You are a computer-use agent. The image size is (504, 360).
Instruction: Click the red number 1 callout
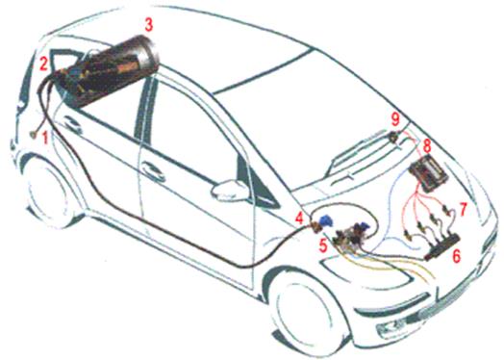click(45, 138)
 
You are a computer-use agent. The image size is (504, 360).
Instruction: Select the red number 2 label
click(43, 64)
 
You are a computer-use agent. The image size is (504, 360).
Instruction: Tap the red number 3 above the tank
click(148, 25)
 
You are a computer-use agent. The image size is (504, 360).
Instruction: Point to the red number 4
click(299, 218)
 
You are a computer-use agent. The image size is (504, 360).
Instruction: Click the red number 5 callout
click(323, 245)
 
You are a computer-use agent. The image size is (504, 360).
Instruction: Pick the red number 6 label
click(457, 256)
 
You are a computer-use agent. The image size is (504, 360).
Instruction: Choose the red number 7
click(463, 209)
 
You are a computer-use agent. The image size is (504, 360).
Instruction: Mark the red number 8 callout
click(427, 146)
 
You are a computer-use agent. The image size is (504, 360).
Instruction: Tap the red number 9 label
click(395, 119)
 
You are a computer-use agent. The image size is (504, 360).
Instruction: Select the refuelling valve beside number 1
click(33, 135)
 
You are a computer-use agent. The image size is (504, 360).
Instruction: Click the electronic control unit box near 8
click(428, 173)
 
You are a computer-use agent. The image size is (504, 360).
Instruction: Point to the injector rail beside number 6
click(442, 247)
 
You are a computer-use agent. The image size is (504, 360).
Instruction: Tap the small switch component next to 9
click(393, 137)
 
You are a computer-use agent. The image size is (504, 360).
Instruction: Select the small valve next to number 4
click(316, 227)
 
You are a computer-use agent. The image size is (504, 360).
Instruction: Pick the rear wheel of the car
click(48, 190)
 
